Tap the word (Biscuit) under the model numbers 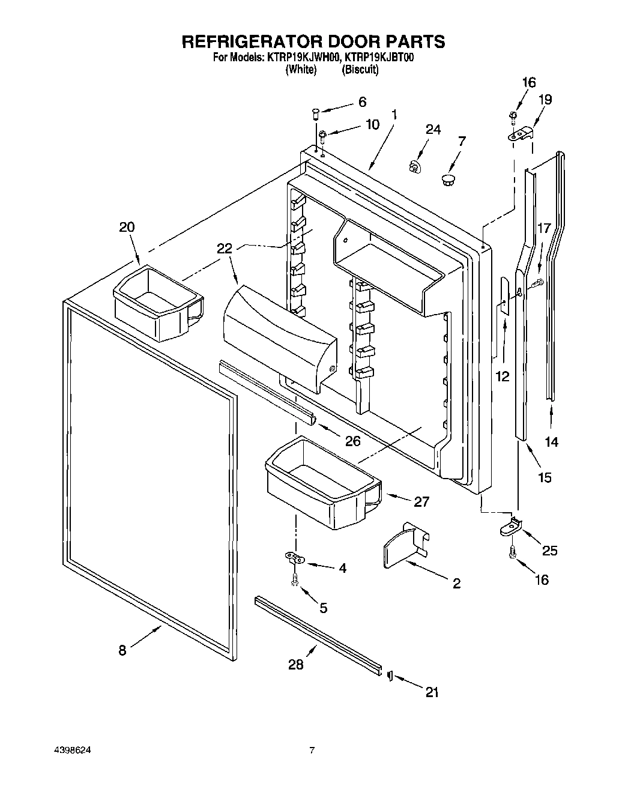(360, 70)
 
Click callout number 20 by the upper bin (127, 227)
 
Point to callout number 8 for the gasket (122, 650)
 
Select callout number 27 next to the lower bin (421, 501)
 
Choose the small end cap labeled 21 (390, 676)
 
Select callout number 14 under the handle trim (551, 442)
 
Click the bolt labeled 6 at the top (316, 112)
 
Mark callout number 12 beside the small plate (502, 376)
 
